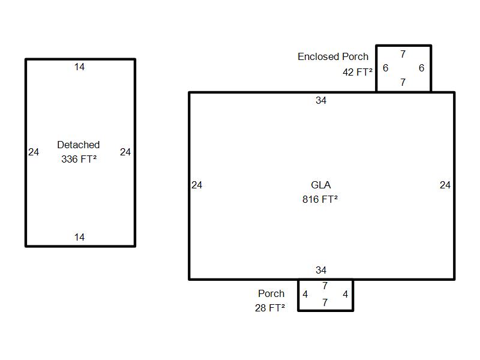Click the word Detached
tap(79, 145)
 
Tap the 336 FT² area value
tap(79, 159)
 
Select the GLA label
tap(321, 185)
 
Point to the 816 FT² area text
tap(320, 199)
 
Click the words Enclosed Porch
tap(333, 56)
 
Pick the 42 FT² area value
tap(358, 72)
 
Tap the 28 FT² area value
tap(270, 308)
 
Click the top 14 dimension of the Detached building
tap(79, 67)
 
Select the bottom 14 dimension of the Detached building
tap(79, 237)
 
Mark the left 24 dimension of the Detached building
tap(34, 152)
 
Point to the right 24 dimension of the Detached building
tap(125, 152)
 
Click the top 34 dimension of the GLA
tap(321, 100)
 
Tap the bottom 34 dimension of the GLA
tap(321, 271)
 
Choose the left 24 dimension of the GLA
tap(197, 185)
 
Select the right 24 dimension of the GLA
tap(445, 185)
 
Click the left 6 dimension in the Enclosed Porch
tap(386, 68)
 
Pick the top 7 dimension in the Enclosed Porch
tap(403, 54)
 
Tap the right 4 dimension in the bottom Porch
tap(346, 294)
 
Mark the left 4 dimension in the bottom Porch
tap(305, 294)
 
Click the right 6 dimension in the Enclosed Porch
tap(422, 68)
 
